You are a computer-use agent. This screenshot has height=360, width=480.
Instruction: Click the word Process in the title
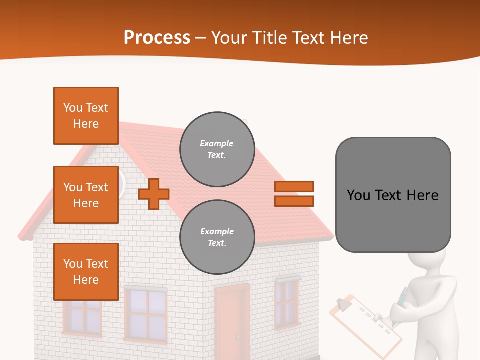pyautogui.click(x=157, y=38)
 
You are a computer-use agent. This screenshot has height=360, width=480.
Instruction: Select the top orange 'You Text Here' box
pyautogui.click(x=86, y=116)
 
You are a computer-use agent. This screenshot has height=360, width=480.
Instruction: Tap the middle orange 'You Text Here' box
pyautogui.click(x=86, y=195)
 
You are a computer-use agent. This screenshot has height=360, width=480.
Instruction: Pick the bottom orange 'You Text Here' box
pyautogui.click(x=86, y=271)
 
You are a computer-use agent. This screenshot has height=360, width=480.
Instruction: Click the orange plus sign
pyautogui.click(x=154, y=194)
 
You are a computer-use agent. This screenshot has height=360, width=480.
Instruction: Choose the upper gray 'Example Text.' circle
pyautogui.click(x=217, y=149)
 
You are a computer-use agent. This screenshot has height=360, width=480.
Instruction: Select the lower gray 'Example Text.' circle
pyautogui.click(x=217, y=237)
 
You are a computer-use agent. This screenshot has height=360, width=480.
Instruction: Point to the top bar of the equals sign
pyautogui.click(x=294, y=186)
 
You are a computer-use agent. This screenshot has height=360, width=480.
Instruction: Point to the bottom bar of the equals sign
pyautogui.click(x=294, y=201)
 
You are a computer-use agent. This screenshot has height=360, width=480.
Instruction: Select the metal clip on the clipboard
pyautogui.click(x=344, y=303)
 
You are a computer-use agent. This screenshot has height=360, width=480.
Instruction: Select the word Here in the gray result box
pyautogui.click(x=422, y=195)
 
